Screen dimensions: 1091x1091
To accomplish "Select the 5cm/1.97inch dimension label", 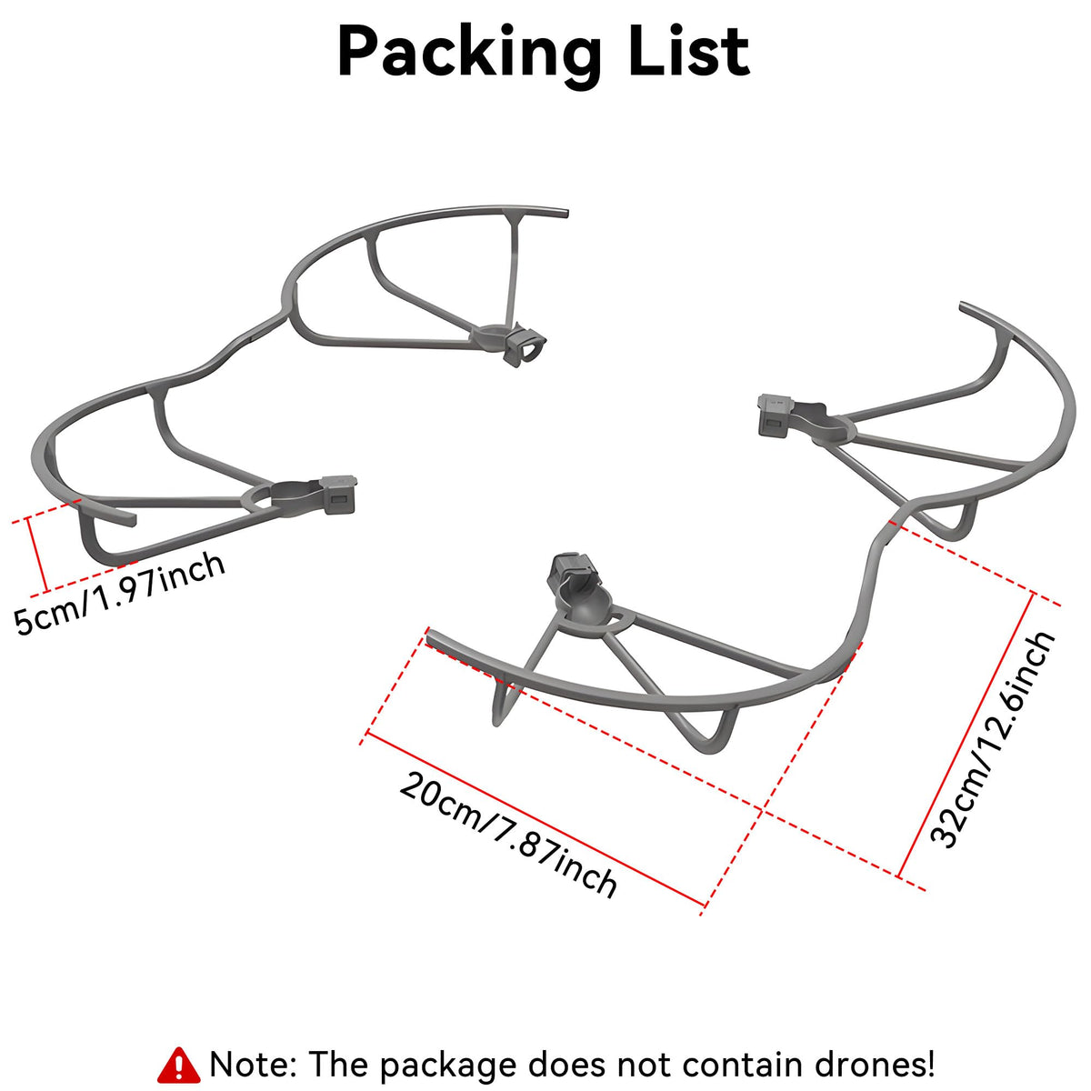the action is click(120, 594).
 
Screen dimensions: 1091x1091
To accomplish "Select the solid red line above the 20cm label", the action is click(535, 819).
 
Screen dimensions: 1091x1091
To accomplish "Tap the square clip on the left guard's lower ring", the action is click(338, 495).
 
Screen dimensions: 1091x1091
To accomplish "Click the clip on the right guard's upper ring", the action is click(776, 415).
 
